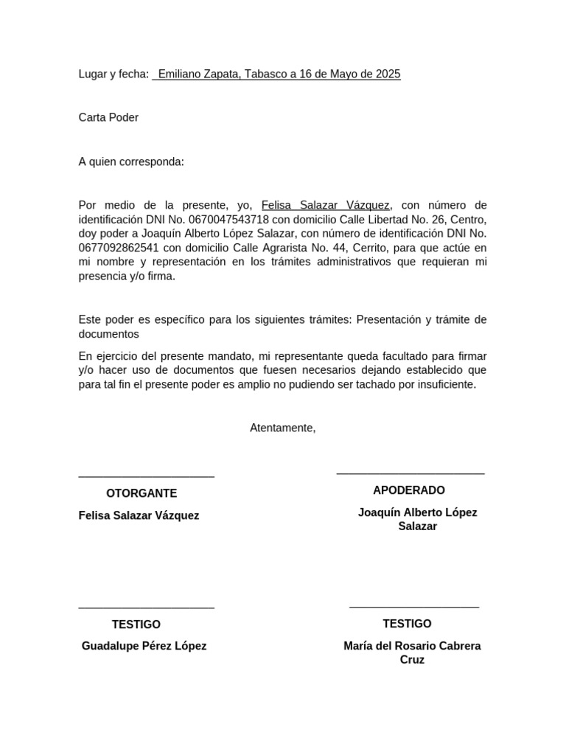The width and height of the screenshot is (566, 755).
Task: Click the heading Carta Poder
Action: [x=108, y=118]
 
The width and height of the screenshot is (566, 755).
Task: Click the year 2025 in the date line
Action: [x=388, y=74]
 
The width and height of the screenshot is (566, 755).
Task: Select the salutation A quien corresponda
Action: [x=131, y=161]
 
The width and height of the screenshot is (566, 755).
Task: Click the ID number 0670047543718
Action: [x=228, y=220]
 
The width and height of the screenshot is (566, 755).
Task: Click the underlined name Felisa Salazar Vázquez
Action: [x=325, y=205]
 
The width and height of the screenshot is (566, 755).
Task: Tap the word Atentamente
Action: [x=282, y=428]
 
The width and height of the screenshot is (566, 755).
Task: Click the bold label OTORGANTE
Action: [x=141, y=494]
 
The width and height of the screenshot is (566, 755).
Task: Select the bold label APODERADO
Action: [x=408, y=490]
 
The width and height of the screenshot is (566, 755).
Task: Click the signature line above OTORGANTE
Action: [x=146, y=477]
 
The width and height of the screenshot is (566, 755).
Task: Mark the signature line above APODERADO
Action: [x=410, y=473]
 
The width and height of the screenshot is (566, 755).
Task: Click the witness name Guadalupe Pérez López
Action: [x=144, y=646]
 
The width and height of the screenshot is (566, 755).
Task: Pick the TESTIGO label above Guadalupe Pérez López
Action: [x=136, y=624]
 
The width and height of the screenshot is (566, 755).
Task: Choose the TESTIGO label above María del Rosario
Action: [x=407, y=624]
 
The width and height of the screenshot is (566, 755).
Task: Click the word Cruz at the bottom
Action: [x=412, y=660]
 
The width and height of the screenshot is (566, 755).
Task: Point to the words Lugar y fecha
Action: [x=113, y=74]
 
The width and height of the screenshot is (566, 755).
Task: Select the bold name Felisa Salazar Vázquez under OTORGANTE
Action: [x=139, y=515]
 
